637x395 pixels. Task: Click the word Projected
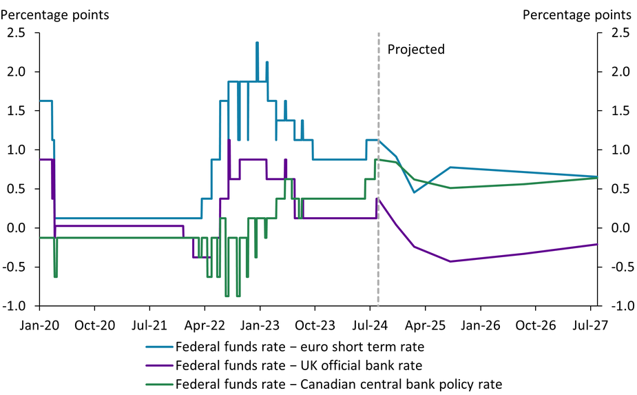[416, 50]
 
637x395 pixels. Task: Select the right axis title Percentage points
[576, 14]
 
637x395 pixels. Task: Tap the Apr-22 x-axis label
[205, 324]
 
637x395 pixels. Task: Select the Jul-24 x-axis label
[369, 324]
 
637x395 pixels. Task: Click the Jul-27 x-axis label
[589, 324]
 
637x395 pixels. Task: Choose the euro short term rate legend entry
[300, 346]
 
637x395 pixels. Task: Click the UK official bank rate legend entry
[299, 365]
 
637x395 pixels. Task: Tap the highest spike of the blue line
[257, 43]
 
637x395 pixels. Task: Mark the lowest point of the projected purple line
[450, 261]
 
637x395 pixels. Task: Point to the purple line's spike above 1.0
[229, 141]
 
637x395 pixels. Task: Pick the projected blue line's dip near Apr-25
[414, 192]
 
